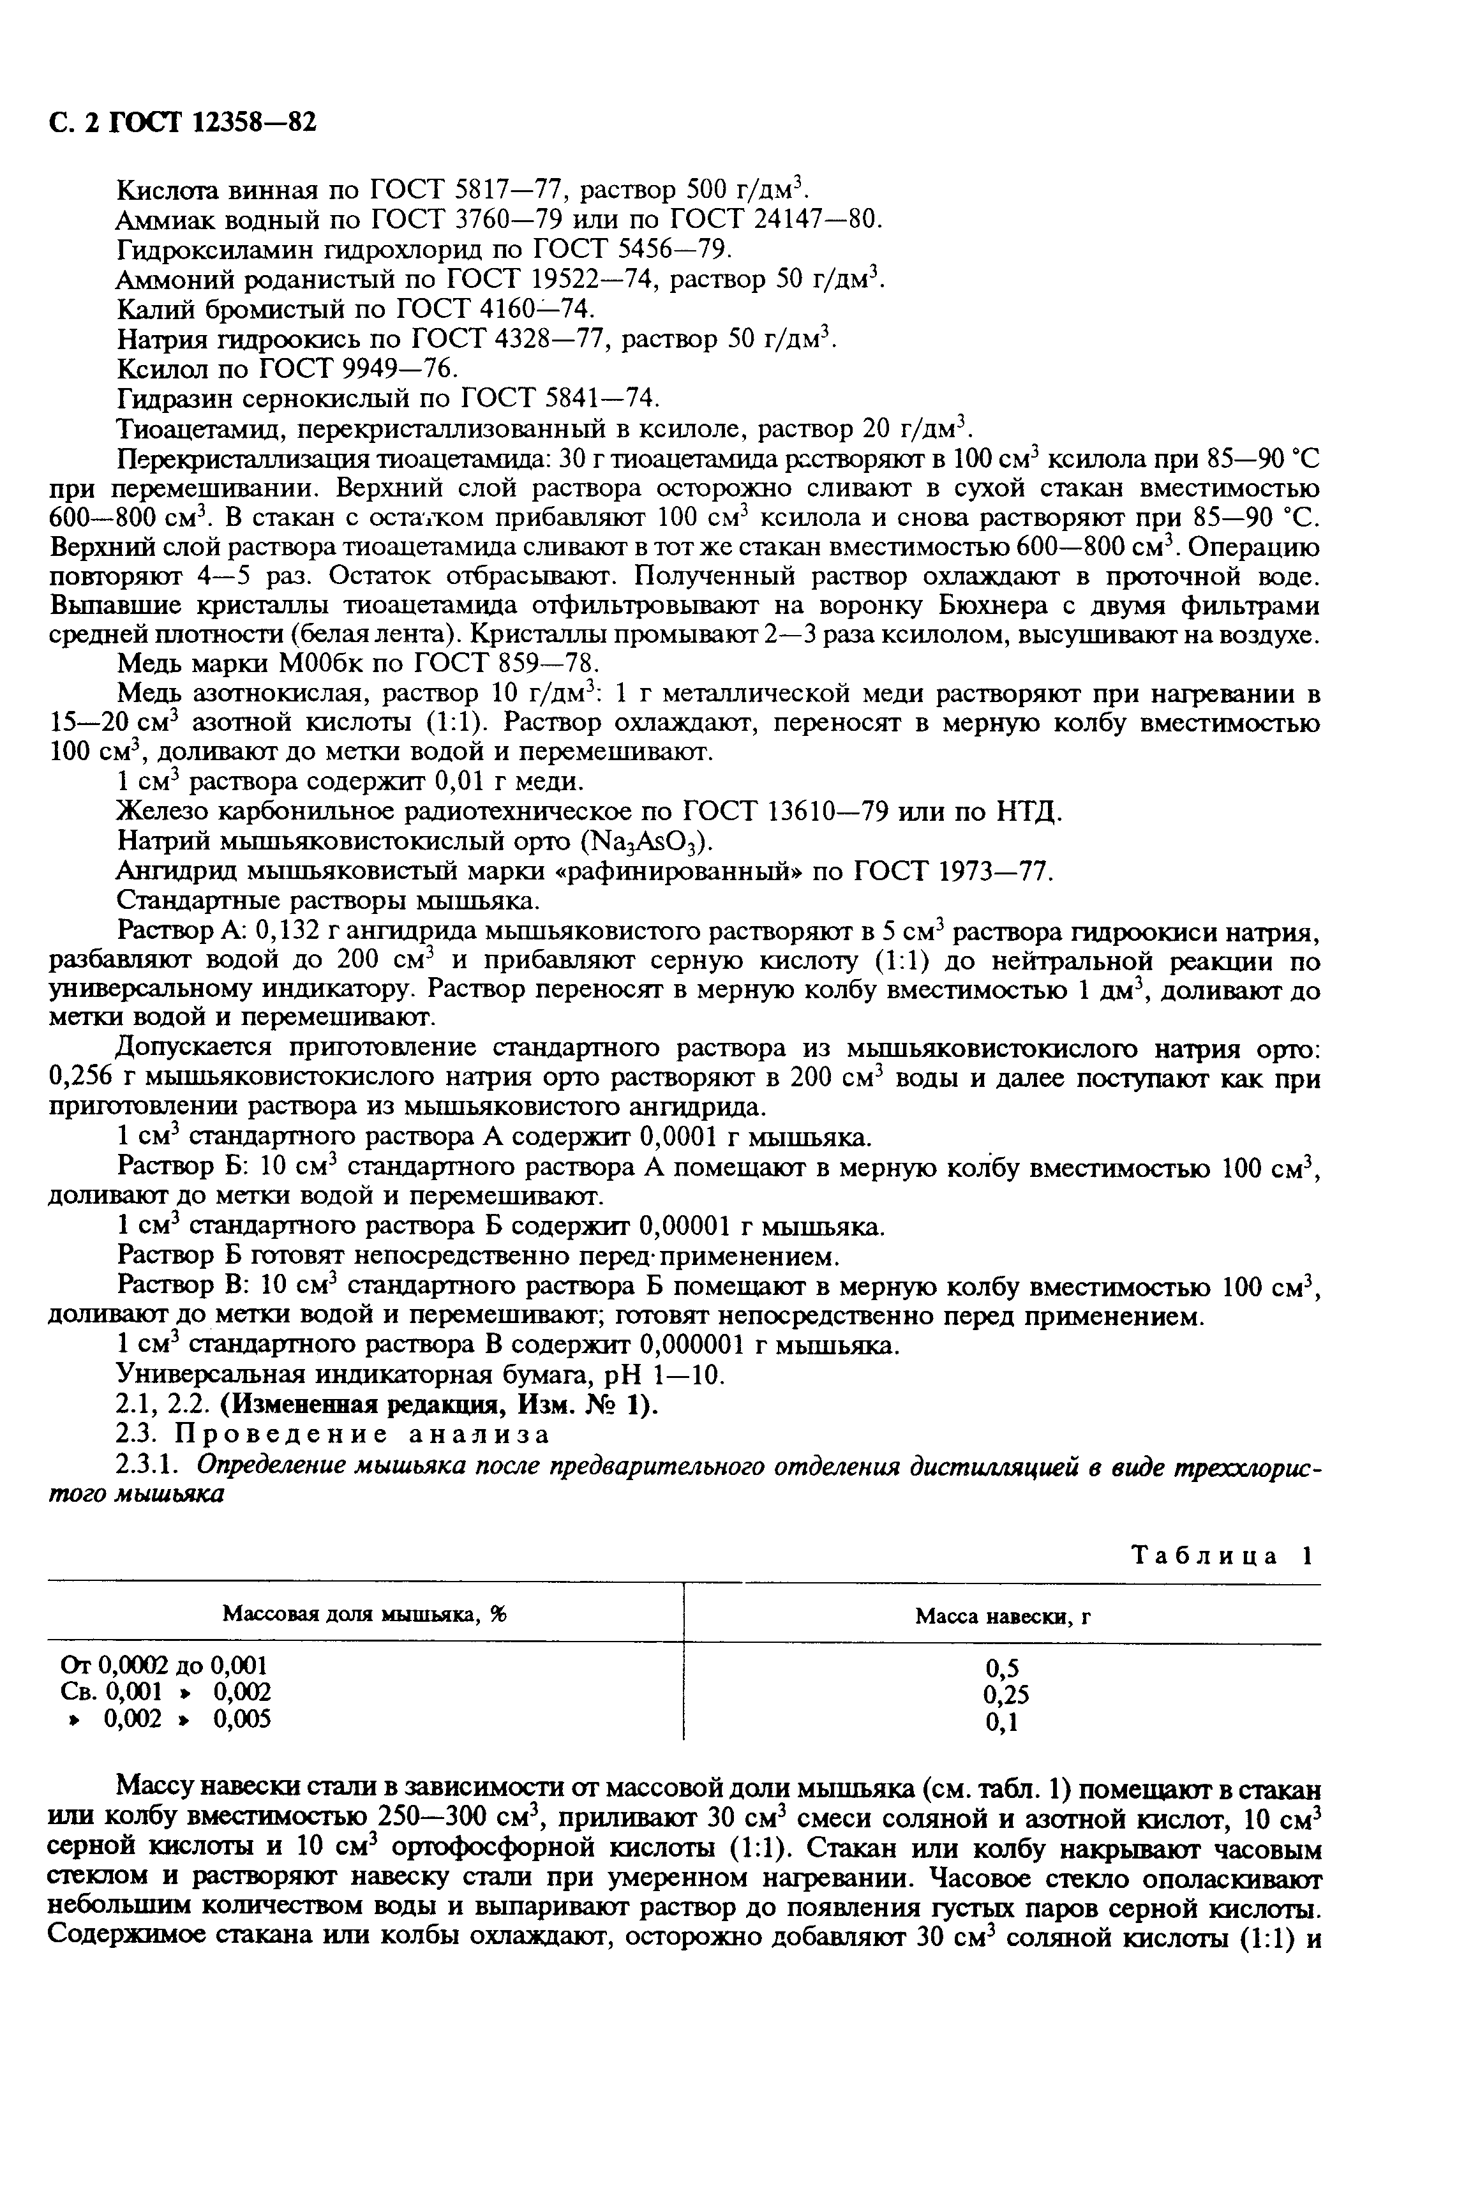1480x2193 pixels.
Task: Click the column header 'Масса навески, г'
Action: [1003, 1617]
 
